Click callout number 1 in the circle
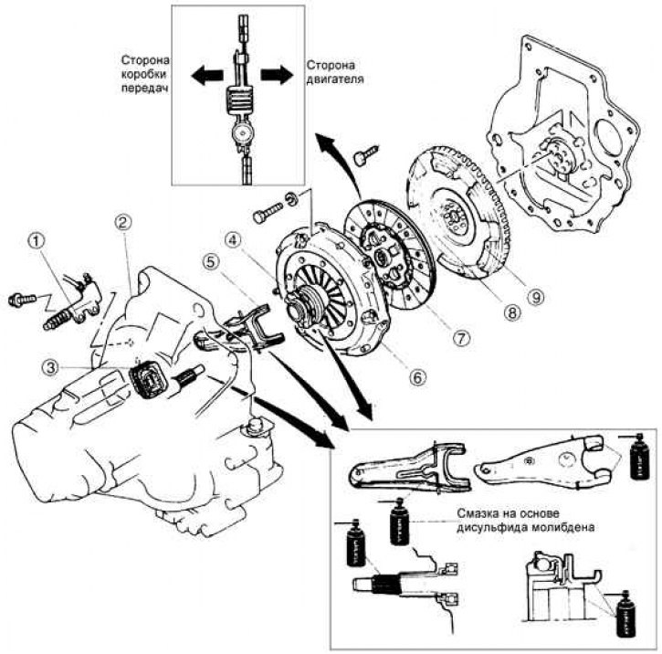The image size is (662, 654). coord(36,242)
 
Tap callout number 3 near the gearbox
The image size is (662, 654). coord(56,367)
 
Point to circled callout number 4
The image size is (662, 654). coord(235,241)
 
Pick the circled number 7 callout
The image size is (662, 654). coord(463,338)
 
